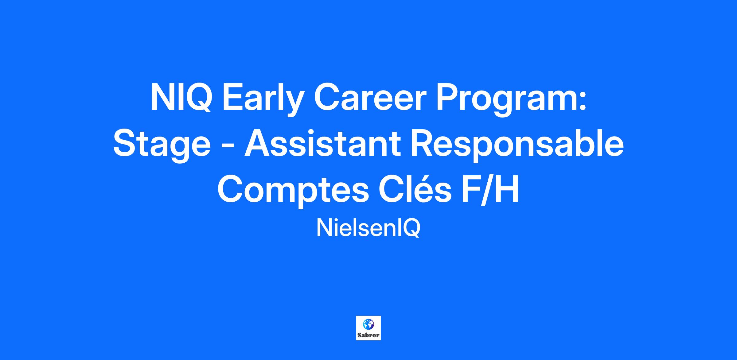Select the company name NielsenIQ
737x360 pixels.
368,229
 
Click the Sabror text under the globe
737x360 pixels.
368,335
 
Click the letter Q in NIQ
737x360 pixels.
197,98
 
